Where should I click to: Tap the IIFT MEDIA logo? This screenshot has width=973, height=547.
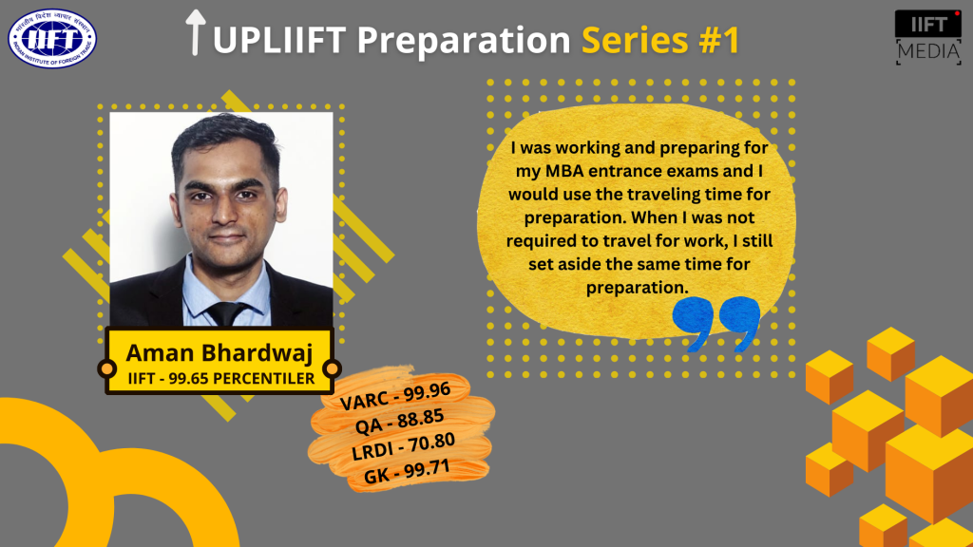click(927, 37)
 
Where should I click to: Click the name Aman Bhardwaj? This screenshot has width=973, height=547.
click(219, 353)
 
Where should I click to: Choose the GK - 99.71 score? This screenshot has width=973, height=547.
click(406, 468)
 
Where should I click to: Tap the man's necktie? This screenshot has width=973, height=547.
click(227, 314)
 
